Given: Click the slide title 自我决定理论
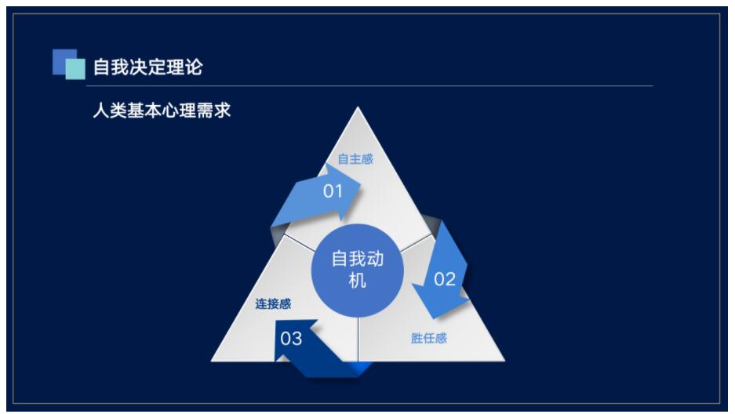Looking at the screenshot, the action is coord(147,67).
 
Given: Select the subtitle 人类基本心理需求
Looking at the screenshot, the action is coord(162,111).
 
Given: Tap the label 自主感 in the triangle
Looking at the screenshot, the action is coord(355,159).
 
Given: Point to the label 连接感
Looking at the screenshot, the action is coord(273,304).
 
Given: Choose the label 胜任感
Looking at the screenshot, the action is coord(429,338).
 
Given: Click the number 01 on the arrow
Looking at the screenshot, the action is coord(333,191).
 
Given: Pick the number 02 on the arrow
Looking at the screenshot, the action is coord(445,279).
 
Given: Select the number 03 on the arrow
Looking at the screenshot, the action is coord(290,338).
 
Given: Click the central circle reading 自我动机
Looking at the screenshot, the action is coord(358,271).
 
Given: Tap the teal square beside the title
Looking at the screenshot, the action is coord(75,69).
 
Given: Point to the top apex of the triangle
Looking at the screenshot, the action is coord(358,107).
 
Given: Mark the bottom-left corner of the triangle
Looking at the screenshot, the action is coord(212,361).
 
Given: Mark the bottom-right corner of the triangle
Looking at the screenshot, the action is coord(505,361).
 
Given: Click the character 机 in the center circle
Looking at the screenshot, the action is coord(357,281).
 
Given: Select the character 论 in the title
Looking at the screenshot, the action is coord(194,67).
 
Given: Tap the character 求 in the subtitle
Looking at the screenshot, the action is coord(223,111).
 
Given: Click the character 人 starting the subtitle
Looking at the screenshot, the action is coord(101,111).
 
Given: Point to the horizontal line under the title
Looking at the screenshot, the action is coord(369,86).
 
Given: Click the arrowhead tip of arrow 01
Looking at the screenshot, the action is coord(361,188).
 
